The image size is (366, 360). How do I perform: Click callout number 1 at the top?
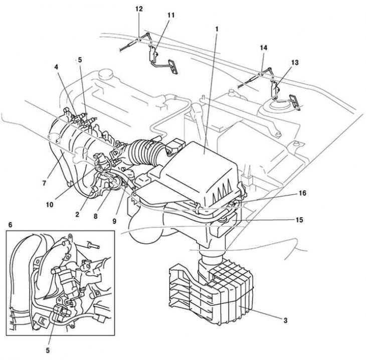pos(217,30)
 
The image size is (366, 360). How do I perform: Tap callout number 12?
pos(139,9)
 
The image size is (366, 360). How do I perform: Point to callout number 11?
pos(170,16)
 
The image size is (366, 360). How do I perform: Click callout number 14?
pos(263,47)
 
